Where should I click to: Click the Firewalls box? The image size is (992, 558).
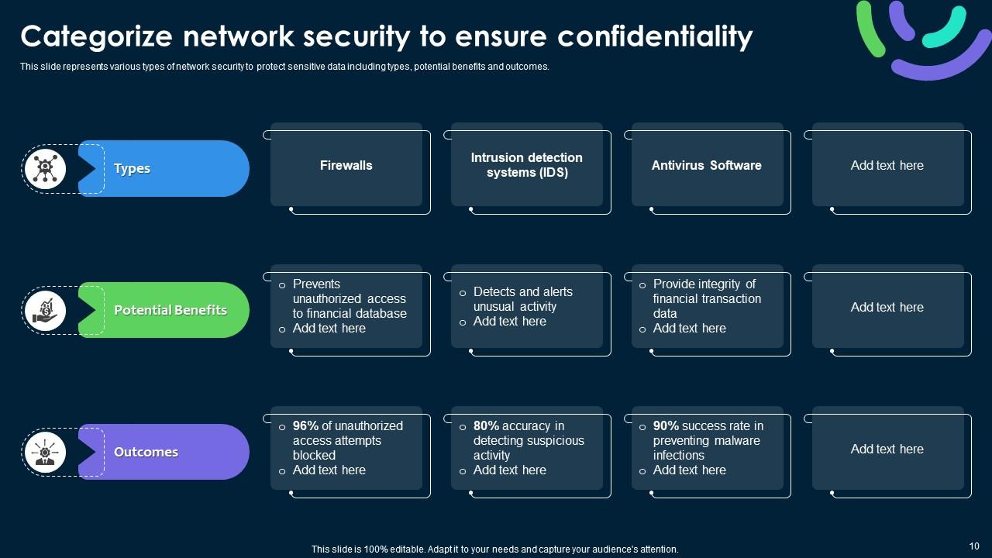click(x=346, y=165)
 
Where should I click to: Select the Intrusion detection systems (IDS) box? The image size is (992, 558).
click(x=527, y=165)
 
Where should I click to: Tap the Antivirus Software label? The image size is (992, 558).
click(x=706, y=165)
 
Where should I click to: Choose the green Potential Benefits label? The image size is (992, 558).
click(x=170, y=310)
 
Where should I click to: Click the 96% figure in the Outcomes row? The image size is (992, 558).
click(x=305, y=425)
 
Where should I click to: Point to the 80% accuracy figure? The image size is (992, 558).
click(x=486, y=425)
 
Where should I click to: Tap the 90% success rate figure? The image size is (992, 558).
click(x=666, y=425)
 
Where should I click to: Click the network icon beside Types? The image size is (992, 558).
click(x=45, y=168)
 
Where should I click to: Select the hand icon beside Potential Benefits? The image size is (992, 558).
click(x=45, y=311)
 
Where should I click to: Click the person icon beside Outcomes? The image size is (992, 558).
click(x=45, y=453)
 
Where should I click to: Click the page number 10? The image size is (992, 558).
click(x=974, y=546)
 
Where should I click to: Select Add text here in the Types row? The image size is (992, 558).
click(x=887, y=165)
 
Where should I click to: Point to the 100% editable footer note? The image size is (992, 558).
click(x=494, y=549)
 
